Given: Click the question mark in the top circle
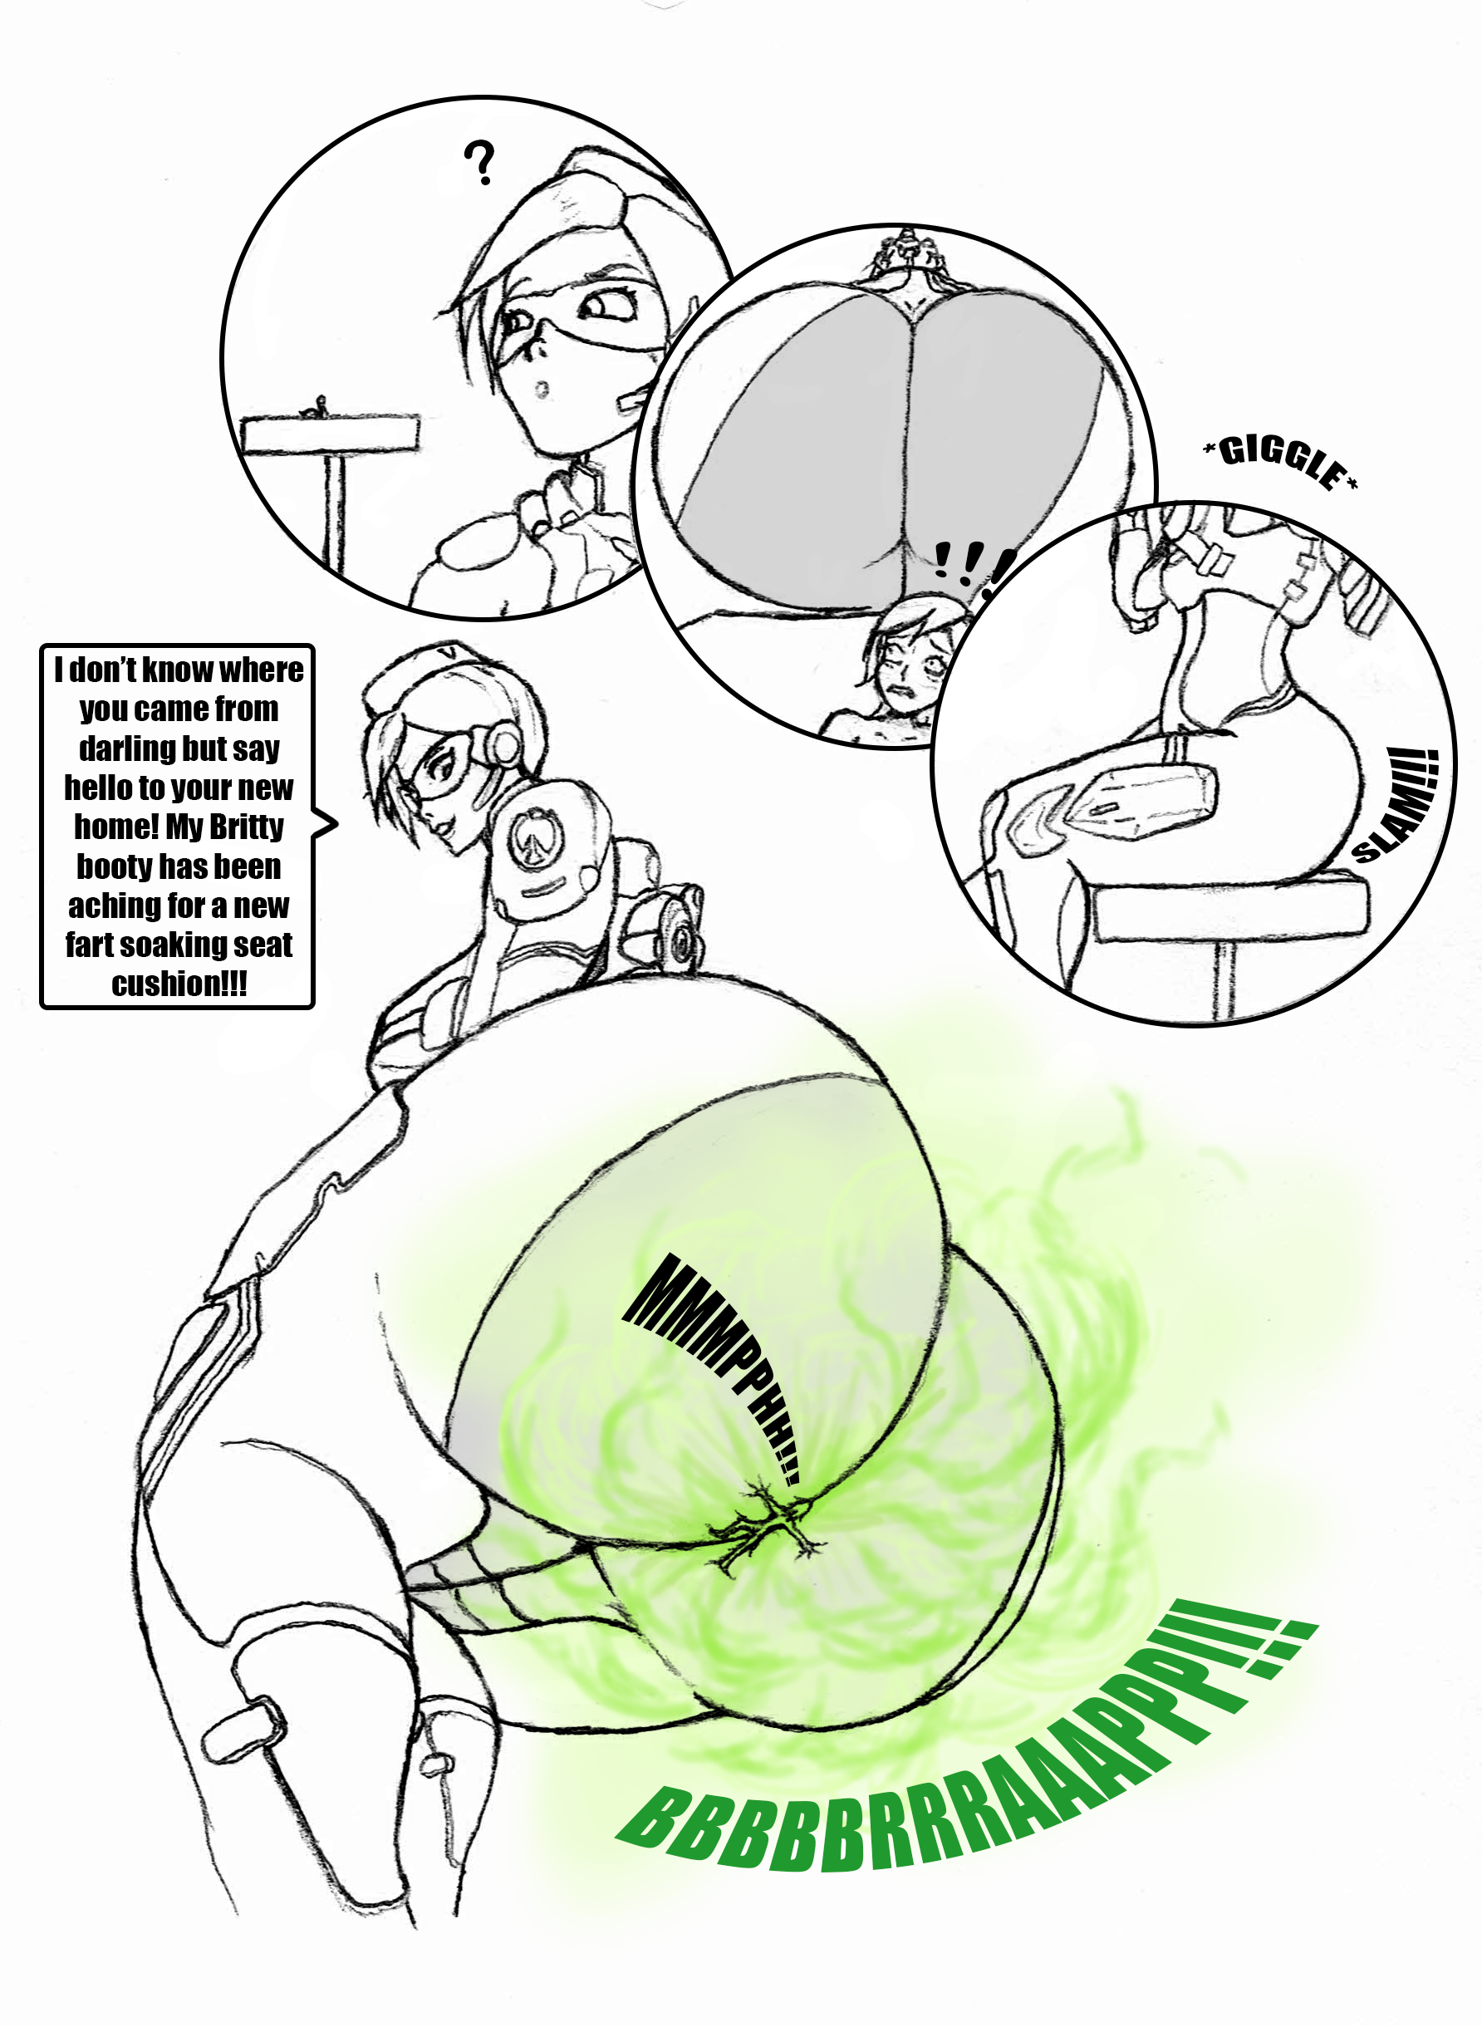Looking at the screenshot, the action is [x=480, y=162].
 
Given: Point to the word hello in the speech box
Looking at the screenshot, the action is [x=98, y=787].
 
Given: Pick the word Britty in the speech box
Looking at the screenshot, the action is [x=247, y=826].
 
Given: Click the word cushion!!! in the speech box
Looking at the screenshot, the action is [x=179, y=983].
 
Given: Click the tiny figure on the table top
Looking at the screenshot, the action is [x=315, y=407].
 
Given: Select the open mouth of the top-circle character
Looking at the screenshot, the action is [x=541, y=390].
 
